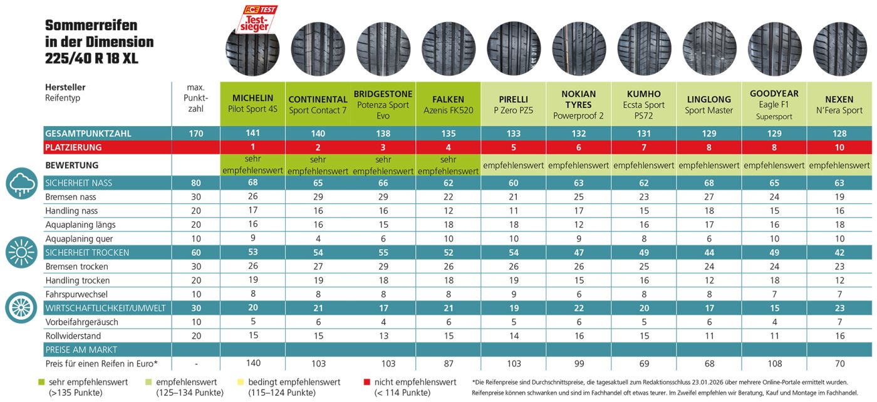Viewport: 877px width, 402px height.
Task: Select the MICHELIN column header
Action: point(252,103)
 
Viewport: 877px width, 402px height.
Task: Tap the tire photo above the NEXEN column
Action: point(839,49)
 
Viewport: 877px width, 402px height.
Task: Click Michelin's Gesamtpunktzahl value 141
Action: point(252,134)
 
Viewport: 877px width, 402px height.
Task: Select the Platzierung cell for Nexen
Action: point(839,147)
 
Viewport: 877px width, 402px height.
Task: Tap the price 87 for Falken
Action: point(448,364)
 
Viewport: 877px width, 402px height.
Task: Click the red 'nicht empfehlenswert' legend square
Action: point(366,382)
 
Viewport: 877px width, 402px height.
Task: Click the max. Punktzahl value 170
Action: point(196,134)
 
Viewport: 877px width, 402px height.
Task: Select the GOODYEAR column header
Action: point(774,104)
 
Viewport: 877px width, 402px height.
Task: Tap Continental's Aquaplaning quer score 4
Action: point(318,239)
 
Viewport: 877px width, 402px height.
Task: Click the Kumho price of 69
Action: point(644,364)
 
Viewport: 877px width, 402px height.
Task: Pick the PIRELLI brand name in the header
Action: point(513,99)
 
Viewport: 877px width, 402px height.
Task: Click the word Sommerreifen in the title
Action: point(91,26)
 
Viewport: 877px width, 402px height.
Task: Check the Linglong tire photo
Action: point(709,49)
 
